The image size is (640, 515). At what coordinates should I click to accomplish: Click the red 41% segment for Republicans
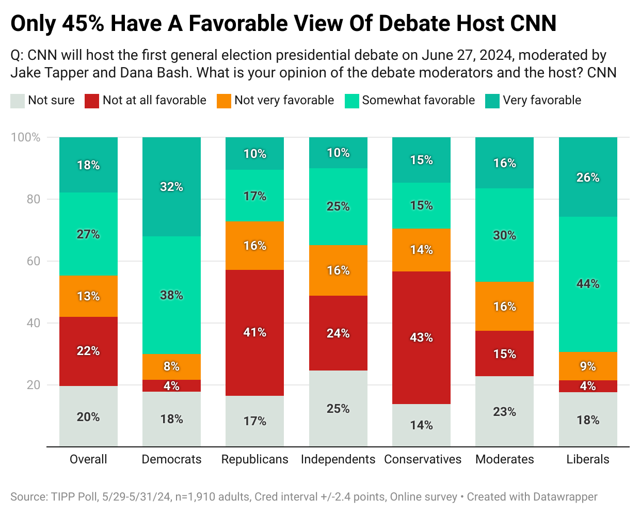pos(254,332)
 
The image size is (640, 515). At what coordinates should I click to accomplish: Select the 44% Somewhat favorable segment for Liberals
pos(588,284)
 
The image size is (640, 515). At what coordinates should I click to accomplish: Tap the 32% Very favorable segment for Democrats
pos(171,187)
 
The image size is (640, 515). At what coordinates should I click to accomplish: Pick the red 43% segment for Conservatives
pos(421,337)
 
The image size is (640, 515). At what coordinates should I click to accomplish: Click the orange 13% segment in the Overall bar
pos(88,296)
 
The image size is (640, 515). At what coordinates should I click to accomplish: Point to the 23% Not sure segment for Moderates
pos(504,411)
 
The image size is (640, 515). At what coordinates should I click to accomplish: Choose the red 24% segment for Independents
pos(338,333)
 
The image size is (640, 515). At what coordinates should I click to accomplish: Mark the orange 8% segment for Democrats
pos(171,366)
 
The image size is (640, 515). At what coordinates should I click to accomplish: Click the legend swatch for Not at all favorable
pos(92,101)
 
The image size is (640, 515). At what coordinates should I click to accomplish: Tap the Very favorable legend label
pos(542,100)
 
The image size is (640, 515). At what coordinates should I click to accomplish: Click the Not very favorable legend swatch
pos(224,101)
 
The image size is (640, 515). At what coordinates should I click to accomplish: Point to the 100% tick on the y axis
pos(26,137)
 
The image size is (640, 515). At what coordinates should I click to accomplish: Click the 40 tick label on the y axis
pos(34,323)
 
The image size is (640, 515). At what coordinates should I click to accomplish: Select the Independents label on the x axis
pos(338,459)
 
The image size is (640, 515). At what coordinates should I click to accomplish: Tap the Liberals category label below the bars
pos(588,459)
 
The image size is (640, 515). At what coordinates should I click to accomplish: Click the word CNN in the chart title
pos(533,24)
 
